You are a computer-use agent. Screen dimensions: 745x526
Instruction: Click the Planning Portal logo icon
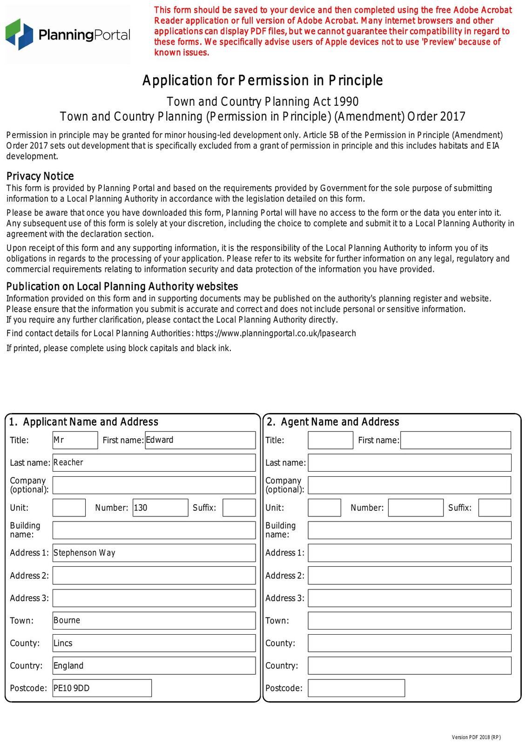click(x=20, y=34)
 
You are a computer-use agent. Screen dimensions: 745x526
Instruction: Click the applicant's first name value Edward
click(x=200, y=440)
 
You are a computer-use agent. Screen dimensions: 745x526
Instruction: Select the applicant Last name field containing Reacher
click(x=154, y=462)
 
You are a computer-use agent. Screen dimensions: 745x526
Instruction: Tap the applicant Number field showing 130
click(x=160, y=508)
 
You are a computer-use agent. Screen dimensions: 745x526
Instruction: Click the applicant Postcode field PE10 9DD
click(x=102, y=688)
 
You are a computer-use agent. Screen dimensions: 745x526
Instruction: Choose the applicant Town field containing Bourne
click(x=154, y=621)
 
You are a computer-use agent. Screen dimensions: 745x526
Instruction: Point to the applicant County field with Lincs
click(x=154, y=643)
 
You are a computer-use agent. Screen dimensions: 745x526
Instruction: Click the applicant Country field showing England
click(x=154, y=665)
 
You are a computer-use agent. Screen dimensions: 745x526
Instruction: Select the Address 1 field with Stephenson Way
click(x=154, y=553)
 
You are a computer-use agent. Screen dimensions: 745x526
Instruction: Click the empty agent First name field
click(x=455, y=440)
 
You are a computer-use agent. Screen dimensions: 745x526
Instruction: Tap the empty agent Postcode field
click(x=356, y=688)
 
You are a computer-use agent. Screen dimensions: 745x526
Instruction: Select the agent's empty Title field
click(x=330, y=440)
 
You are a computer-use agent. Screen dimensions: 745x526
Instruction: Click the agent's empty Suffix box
click(x=494, y=508)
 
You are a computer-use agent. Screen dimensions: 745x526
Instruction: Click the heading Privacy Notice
click(x=40, y=176)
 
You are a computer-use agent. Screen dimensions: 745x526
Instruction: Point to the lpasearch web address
click(x=276, y=333)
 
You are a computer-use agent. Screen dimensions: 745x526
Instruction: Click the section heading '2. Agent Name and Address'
click(x=333, y=422)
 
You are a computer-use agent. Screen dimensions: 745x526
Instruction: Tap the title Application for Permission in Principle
click(x=263, y=81)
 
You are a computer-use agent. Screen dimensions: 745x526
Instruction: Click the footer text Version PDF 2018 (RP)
click(x=476, y=737)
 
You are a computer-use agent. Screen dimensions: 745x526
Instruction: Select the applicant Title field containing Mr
click(x=75, y=440)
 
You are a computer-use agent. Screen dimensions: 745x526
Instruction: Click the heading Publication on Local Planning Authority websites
click(x=122, y=286)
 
